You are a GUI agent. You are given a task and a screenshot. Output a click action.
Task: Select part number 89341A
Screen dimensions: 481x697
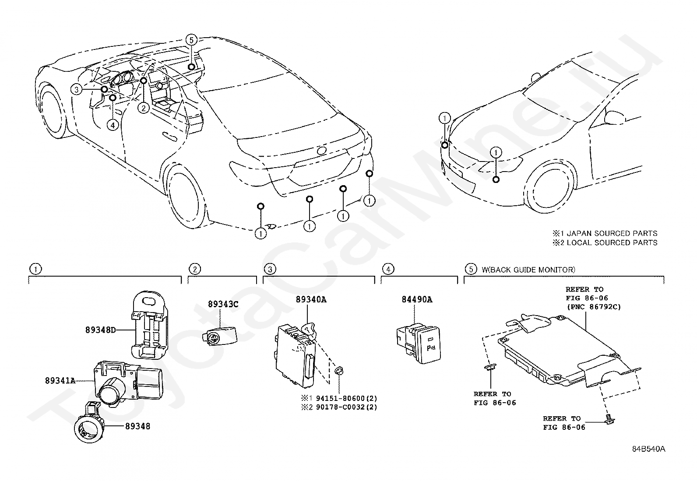(60, 381)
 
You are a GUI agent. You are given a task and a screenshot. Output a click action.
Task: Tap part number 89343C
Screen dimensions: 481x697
(223, 304)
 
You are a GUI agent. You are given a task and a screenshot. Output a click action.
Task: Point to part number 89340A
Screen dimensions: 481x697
(311, 300)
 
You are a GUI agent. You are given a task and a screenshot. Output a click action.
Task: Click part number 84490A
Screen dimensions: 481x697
(416, 300)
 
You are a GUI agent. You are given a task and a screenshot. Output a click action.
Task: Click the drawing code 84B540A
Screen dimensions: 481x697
(648, 449)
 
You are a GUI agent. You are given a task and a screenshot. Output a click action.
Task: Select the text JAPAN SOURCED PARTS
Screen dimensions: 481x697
(612, 234)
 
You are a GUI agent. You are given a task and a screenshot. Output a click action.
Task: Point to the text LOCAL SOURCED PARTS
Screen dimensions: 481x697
(612, 242)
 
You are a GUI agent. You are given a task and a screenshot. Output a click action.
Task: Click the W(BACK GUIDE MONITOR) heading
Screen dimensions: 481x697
(528, 270)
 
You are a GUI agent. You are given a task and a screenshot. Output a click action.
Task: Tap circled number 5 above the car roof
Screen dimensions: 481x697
(191, 40)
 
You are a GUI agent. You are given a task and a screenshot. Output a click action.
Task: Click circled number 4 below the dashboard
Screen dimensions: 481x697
(113, 125)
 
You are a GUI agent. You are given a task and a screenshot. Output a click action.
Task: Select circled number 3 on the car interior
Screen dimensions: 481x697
(77, 90)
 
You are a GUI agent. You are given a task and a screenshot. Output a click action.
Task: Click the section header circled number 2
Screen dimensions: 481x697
(195, 269)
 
